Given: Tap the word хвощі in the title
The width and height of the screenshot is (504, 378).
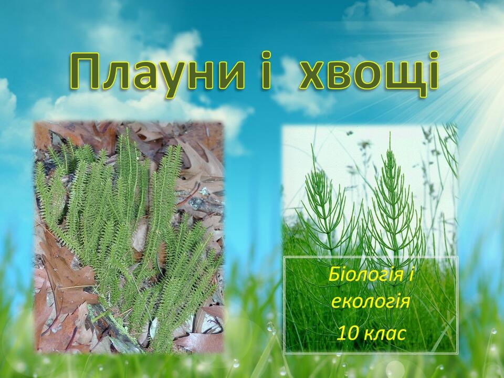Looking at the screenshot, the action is tap(369, 74).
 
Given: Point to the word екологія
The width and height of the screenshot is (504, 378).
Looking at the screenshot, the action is tap(371, 302).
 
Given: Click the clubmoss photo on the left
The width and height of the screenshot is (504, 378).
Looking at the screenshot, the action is tap(129, 237).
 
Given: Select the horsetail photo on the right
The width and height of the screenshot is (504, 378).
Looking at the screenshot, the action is tap(370, 238).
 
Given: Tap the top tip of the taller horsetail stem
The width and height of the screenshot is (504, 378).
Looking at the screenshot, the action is tap(390, 133).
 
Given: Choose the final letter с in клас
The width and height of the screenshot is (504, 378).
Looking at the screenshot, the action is tap(400, 335).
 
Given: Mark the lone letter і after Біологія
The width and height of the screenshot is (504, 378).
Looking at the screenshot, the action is tap(410, 275).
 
